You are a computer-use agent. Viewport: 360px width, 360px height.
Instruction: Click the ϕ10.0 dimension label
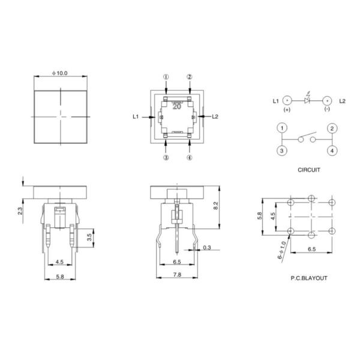59,73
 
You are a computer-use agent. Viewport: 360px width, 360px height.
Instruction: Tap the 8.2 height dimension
216,205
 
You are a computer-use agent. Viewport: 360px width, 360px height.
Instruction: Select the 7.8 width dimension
177,274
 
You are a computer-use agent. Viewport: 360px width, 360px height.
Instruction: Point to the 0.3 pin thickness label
207,247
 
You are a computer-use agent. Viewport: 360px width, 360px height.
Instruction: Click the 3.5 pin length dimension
89,237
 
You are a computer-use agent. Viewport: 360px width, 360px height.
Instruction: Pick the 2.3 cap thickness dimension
20,211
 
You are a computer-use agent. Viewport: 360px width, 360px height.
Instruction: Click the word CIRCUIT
309,170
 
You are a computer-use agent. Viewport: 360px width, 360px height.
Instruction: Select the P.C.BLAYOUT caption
309,278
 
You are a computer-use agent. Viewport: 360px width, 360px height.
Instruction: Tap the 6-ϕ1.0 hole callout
282,250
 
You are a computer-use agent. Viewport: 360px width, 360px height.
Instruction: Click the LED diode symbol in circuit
307,100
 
